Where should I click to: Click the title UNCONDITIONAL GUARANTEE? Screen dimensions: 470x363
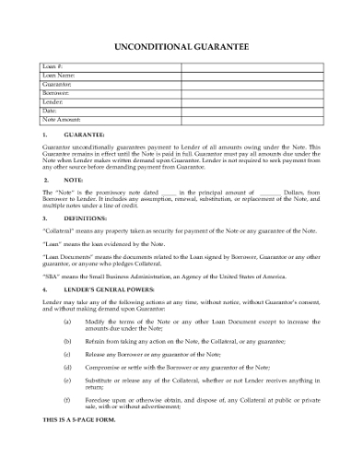tap(180, 44)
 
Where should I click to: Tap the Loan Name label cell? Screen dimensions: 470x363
tap(59, 76)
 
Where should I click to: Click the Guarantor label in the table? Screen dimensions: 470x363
tap(57, 84)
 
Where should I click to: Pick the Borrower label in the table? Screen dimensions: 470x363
tap(57, 93)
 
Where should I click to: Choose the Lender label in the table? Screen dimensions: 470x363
tap(54, 102)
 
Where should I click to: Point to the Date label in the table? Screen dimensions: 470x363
tap(51, 111)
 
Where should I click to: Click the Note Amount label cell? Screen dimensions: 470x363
tap(62, 120)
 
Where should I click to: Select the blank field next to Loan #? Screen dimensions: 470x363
tap(251, 67)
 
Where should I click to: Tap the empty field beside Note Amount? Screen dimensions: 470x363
tap(251, 120)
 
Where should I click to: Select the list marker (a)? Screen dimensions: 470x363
tap(67, 321)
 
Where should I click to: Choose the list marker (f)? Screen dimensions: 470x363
tap(67, 400)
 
